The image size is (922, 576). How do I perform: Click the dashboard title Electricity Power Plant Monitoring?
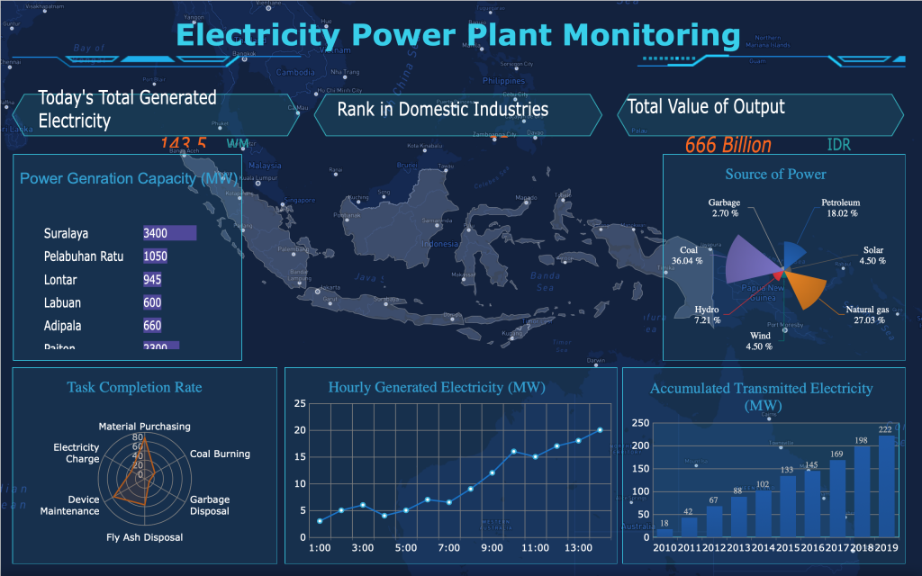(x=458, y=35)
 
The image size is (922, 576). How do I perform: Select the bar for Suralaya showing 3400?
(x=169, y=233)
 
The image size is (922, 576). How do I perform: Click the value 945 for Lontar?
(x=152, y=280)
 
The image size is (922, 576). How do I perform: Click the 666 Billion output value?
(x=728, y=145)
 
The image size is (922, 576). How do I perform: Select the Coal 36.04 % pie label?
(x=688, y=256)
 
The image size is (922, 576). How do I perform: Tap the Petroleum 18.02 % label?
(x=839, y=208)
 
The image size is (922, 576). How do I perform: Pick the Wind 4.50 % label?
(x=759, y=341)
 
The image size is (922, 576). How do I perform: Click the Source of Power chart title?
(x=774, y=174)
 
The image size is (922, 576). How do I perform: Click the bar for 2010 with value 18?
(x=664, y=533)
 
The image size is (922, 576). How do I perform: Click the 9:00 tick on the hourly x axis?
(x=492, y=547)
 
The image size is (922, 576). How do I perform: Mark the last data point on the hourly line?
(x=600, y=430)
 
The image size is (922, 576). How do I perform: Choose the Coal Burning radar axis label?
(x=220, y=454)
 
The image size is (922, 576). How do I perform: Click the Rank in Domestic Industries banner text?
(x=442, y=110)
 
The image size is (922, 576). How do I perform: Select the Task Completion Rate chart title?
(x=134, y=387)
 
